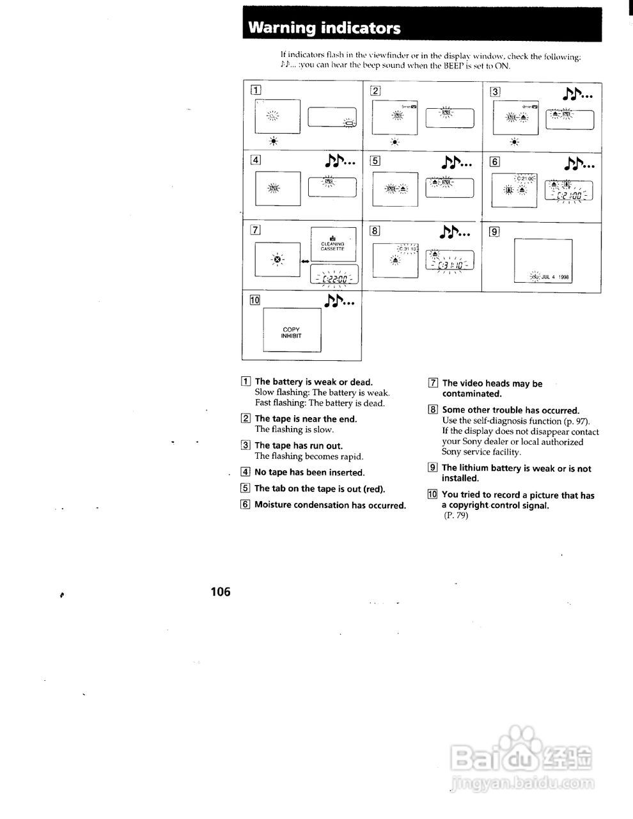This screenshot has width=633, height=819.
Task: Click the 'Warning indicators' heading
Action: (x=324, y=28)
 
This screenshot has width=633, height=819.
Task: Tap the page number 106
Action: (x=220, y=592)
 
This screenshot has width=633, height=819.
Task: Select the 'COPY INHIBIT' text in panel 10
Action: (x=292, y=333)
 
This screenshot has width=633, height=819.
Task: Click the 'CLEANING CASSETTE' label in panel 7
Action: (x=332, y=246)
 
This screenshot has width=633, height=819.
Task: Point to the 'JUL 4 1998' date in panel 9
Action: (x=554, y=278)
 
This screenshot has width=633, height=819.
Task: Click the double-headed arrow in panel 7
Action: (x=304, y=261)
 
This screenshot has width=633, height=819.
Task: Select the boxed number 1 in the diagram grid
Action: (x=255, y=90)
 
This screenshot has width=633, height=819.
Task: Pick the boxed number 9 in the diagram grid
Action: (x=494, y=232)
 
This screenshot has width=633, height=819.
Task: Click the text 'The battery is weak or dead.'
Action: (x=313, y=382)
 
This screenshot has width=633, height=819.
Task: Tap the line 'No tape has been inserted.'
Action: (x=309, y=472)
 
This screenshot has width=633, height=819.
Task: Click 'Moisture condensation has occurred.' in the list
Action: (x=330, y=505)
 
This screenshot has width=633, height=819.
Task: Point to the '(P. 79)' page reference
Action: (x=455, y=516)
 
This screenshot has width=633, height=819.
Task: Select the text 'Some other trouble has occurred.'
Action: (x=510, y=410)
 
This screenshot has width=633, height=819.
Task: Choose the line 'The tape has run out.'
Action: (x=298, y=445)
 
